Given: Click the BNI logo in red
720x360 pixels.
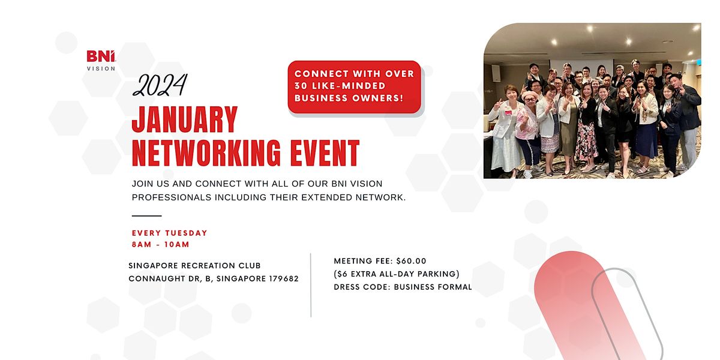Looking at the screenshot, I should tap(100, 56).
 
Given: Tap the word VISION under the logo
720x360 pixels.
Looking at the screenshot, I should tap(101, 68).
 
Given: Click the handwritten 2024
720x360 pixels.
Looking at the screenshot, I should tap(160, 85).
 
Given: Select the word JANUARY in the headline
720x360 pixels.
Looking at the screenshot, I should tap(185, 119).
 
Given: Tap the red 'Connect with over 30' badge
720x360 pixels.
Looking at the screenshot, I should tap(354, 86).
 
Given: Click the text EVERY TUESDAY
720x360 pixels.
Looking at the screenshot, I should tap(170, 233).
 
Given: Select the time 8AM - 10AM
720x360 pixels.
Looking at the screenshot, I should tap(160, 244).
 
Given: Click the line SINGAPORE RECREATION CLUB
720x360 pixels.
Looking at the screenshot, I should tap(194, 266).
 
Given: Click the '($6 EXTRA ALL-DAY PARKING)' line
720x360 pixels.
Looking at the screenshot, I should tap(397, 274).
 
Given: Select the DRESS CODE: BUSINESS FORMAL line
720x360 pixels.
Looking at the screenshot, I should tap(403, 287).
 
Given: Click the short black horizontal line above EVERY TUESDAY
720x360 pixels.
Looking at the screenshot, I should tap(146, 215).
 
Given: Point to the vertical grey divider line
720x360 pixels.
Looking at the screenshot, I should tap(311, 285).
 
